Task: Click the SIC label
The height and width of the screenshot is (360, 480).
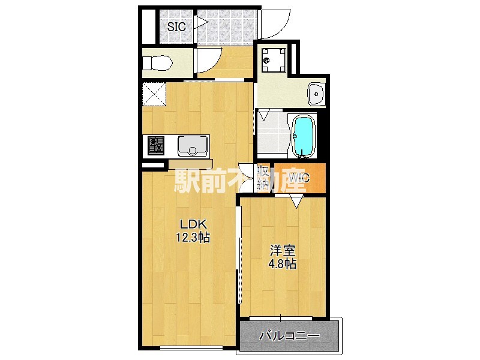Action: point(176,26)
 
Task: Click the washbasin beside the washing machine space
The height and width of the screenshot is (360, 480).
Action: point(316,93)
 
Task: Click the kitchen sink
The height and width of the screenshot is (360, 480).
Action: point(193,145)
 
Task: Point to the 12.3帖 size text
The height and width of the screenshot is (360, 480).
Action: point(192,238)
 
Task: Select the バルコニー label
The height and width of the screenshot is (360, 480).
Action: point(290,336)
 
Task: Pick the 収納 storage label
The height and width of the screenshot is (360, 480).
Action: point(262,178)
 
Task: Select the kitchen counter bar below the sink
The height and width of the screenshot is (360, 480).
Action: point(190,164)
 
